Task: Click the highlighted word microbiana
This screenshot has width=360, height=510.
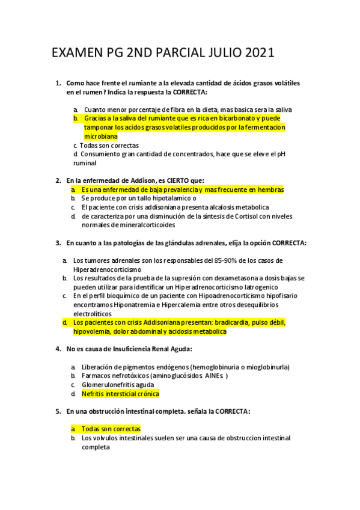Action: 100,137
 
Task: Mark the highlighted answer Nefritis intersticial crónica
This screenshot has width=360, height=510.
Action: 120,394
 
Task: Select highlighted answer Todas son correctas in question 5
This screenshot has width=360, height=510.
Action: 111,429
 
